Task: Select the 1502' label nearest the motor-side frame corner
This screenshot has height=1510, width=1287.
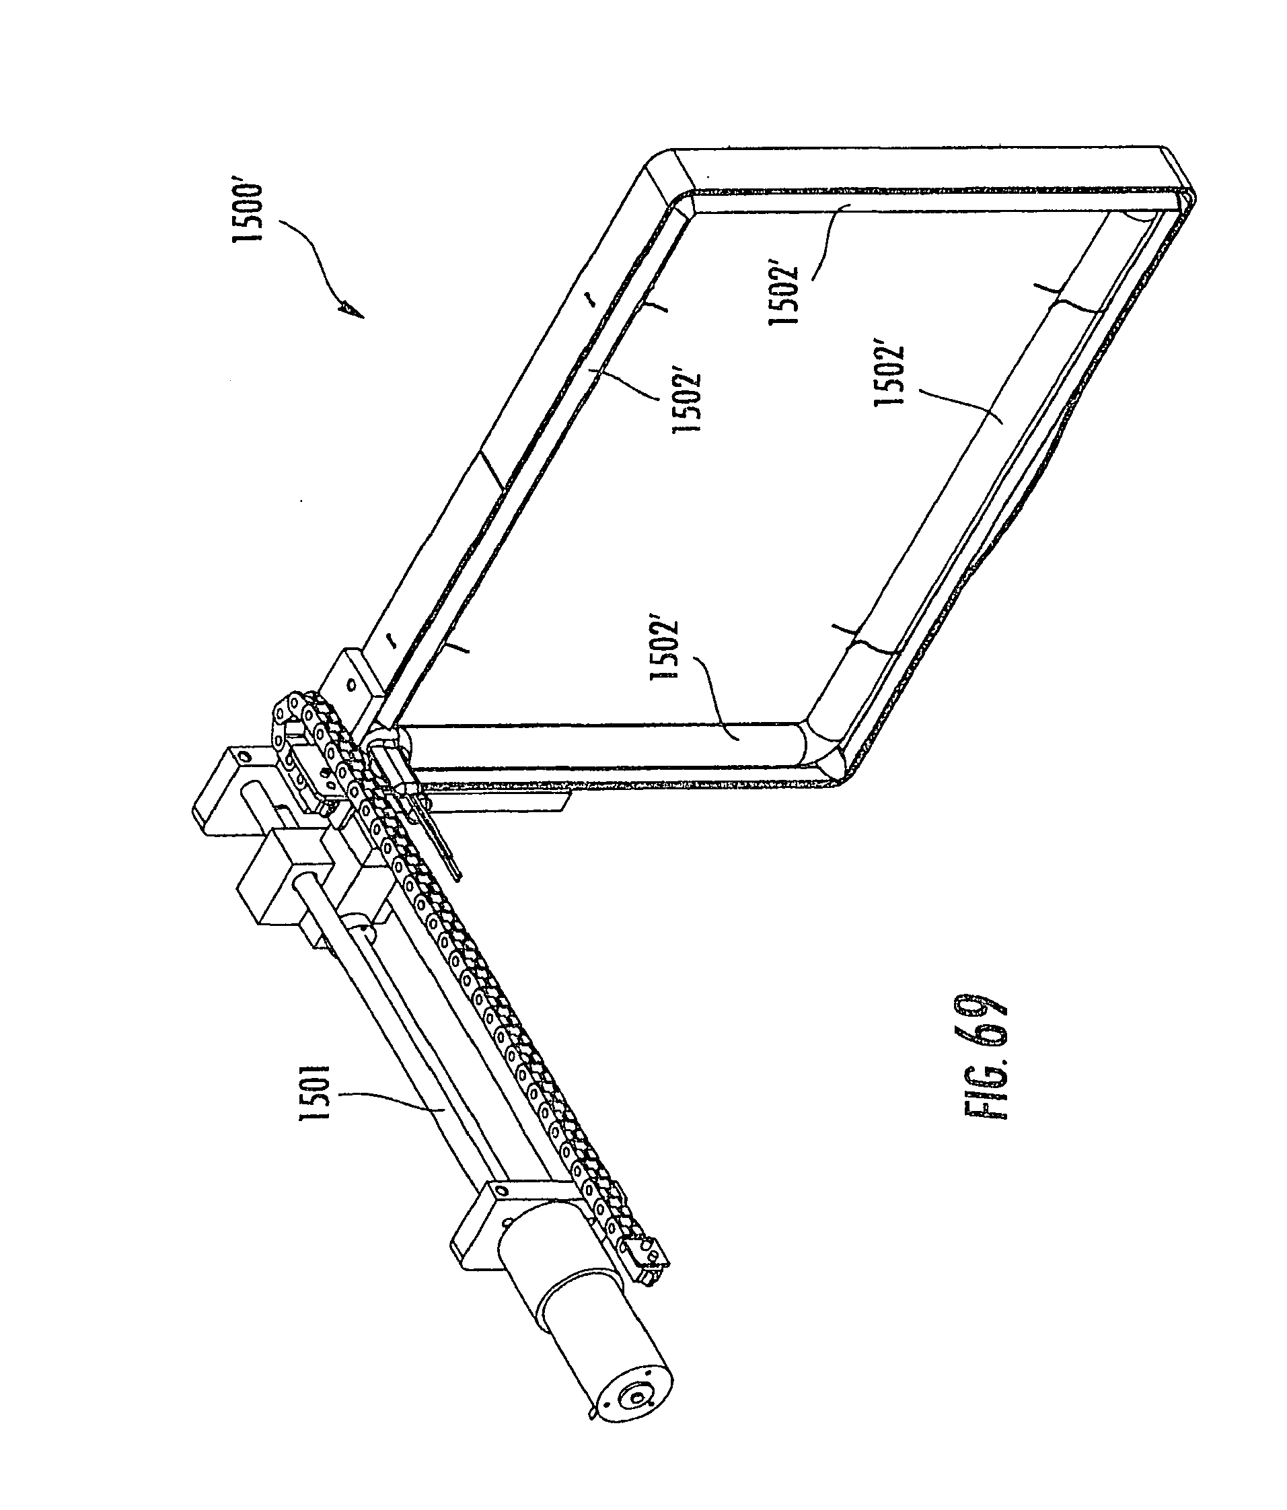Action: pyautogui.click(x=664, y=649)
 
